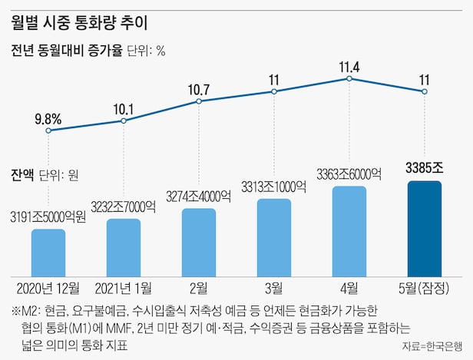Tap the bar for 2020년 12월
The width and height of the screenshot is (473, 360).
[48, 252]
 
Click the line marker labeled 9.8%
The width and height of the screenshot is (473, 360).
[48, 130]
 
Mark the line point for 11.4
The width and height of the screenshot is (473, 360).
[349, 78]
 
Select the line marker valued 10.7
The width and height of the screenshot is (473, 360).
[199, 101]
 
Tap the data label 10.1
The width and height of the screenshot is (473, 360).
[124, 107]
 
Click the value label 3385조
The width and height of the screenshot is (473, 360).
[425, 167]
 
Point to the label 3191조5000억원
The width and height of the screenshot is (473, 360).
[48, 216]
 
